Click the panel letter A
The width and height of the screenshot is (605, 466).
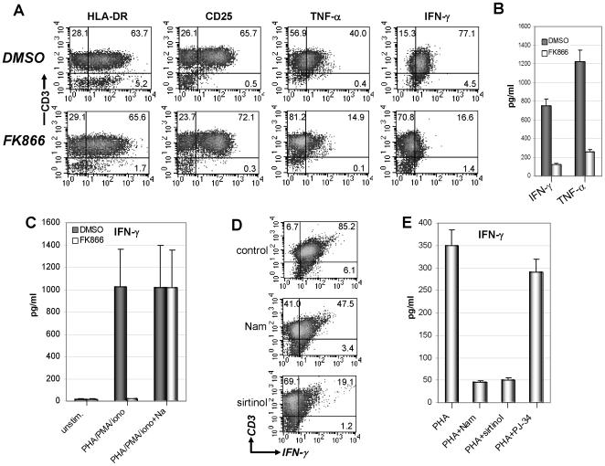[11, 9]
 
